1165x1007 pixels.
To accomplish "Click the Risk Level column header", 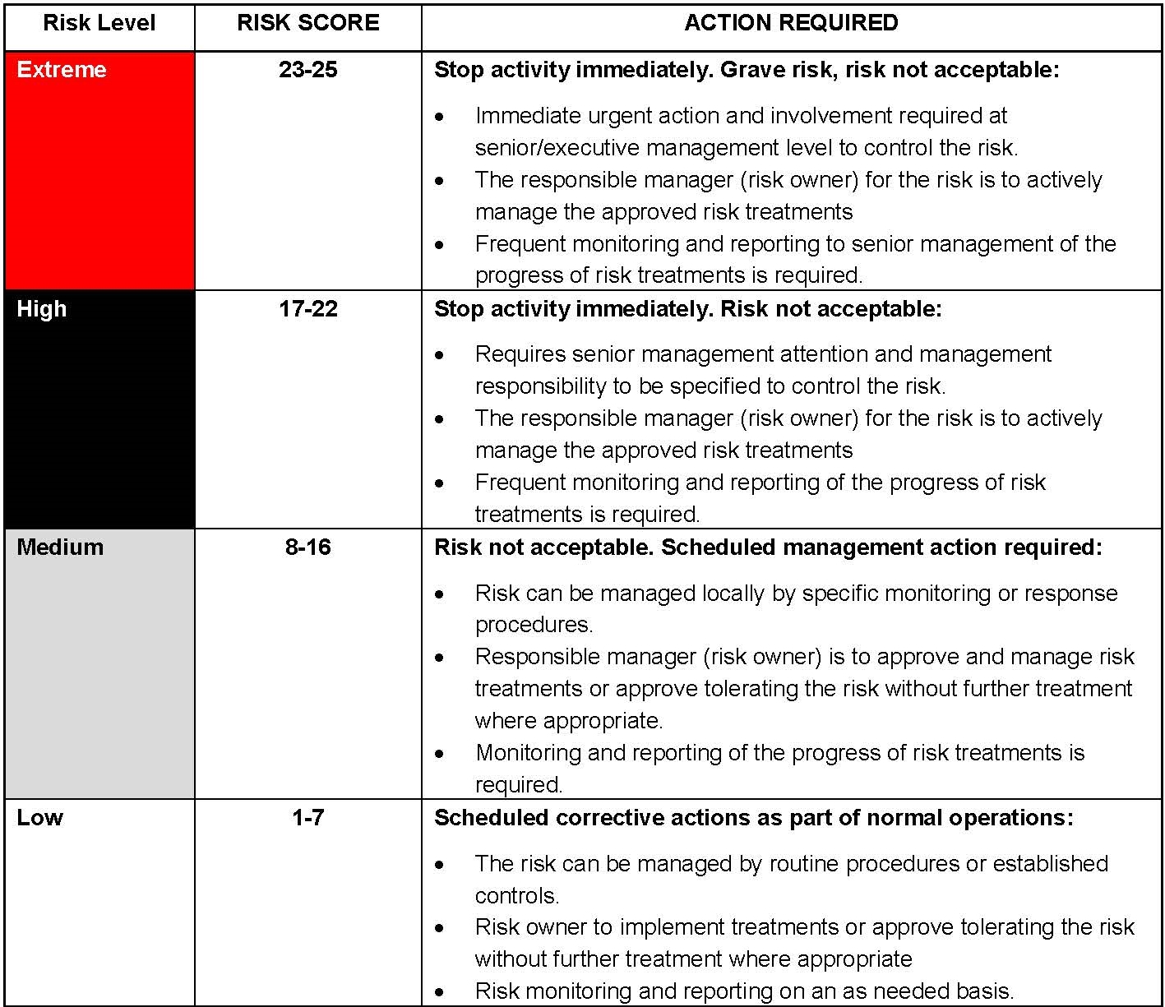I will pos(99,23).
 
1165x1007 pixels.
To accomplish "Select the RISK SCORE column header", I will pos(308,23).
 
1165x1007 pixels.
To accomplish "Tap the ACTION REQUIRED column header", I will pos(791,23).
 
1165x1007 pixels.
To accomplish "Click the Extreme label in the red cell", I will pos(62,70).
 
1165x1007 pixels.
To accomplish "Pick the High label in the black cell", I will pos(42,309).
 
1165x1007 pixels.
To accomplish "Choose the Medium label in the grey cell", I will pos(60,547).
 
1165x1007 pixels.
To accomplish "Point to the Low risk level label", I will pos(39,818).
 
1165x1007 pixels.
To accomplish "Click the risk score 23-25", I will pos(308,70).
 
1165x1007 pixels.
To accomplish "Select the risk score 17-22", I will pos(308,309).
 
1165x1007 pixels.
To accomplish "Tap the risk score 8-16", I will pos(308,547).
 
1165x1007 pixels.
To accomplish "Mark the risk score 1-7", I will pos(308,818).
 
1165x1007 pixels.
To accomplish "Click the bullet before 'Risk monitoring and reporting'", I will pos(441,992).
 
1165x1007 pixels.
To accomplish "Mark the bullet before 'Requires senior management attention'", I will pos(441,355).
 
